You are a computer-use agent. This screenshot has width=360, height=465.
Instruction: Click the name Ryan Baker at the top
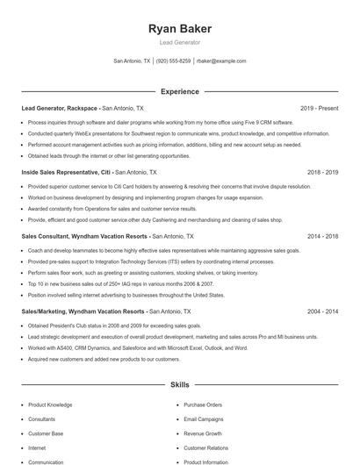[180, 28]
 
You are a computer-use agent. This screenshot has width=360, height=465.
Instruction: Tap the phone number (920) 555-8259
[173, 61]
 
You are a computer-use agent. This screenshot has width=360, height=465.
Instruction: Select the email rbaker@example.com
[221, 61]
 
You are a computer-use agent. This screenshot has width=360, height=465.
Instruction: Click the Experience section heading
[179, 91]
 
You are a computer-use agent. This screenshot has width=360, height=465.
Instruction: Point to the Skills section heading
[179, 385]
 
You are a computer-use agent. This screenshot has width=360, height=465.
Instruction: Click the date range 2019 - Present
[319, 108]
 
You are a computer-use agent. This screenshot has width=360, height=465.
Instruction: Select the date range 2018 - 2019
[322, 173]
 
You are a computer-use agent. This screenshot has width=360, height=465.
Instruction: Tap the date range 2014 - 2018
[322, 237]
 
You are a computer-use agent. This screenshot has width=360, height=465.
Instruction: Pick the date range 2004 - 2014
[322, 311]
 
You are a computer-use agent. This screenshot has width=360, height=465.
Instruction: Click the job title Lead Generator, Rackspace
[60, 108]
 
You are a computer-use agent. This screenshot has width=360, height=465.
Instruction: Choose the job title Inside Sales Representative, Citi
[66, 173]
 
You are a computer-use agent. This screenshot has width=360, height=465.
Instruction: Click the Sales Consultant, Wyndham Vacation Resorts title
[83, 237]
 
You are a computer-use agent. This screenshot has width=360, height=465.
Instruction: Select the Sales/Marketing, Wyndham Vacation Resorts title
[83, 311]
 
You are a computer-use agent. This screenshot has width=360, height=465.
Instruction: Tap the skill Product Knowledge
[50, 405]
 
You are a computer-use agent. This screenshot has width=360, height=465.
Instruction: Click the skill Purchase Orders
[203, 405]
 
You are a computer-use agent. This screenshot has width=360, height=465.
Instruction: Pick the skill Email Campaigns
[204, 419]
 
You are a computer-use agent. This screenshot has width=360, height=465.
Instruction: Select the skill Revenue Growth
[204, 433]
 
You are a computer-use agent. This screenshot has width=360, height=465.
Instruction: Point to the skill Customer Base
[46, 433]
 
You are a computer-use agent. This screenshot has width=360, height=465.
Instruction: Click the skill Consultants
[42, 419]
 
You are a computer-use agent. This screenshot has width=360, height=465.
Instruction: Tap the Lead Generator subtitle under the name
[180, 42]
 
